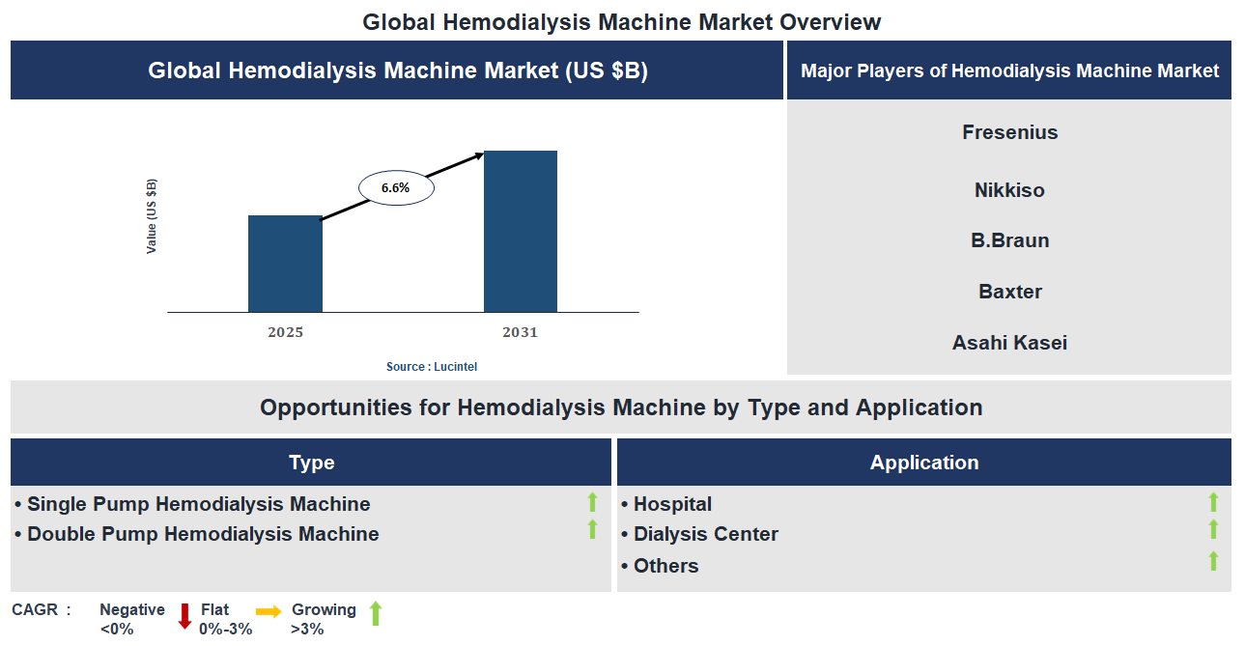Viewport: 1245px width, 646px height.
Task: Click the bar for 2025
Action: (x=285, y=264)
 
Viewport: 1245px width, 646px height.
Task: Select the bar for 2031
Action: (x=521, y=232)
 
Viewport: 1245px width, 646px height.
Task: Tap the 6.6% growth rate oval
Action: (x=396, y=188)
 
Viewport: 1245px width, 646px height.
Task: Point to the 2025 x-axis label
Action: (x=285, y=332)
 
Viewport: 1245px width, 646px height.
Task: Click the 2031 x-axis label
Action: (x=520, y=332)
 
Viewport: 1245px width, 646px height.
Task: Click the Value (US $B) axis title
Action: (x=152, y=216)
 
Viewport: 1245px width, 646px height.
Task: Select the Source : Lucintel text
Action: (x=432, y=367)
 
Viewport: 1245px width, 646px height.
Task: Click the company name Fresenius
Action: (x=1009, y=132)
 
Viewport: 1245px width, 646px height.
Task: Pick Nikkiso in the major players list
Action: (x=1009, y=190)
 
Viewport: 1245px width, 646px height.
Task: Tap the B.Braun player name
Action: (x=1009, y=240)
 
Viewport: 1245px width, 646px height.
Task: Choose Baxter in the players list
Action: (x=1009, y=292)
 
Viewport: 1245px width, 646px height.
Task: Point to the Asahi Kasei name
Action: (x=1009, y=343)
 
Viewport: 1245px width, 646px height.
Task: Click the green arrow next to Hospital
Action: (x=1213, y=502)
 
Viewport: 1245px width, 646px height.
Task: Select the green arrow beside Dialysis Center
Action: (x=1213, y=530)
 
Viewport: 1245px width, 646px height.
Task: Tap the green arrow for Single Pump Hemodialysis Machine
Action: (x=592, y=502)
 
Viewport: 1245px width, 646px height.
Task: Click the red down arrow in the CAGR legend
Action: (x=184, y=616)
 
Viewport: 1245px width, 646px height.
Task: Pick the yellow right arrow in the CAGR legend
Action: (x=269, y=611)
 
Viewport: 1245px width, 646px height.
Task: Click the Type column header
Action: (x=311, y=463)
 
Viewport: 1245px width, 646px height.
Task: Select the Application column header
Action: (x=924, y=463)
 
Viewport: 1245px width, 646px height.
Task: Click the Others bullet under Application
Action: (x=665, y=566)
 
